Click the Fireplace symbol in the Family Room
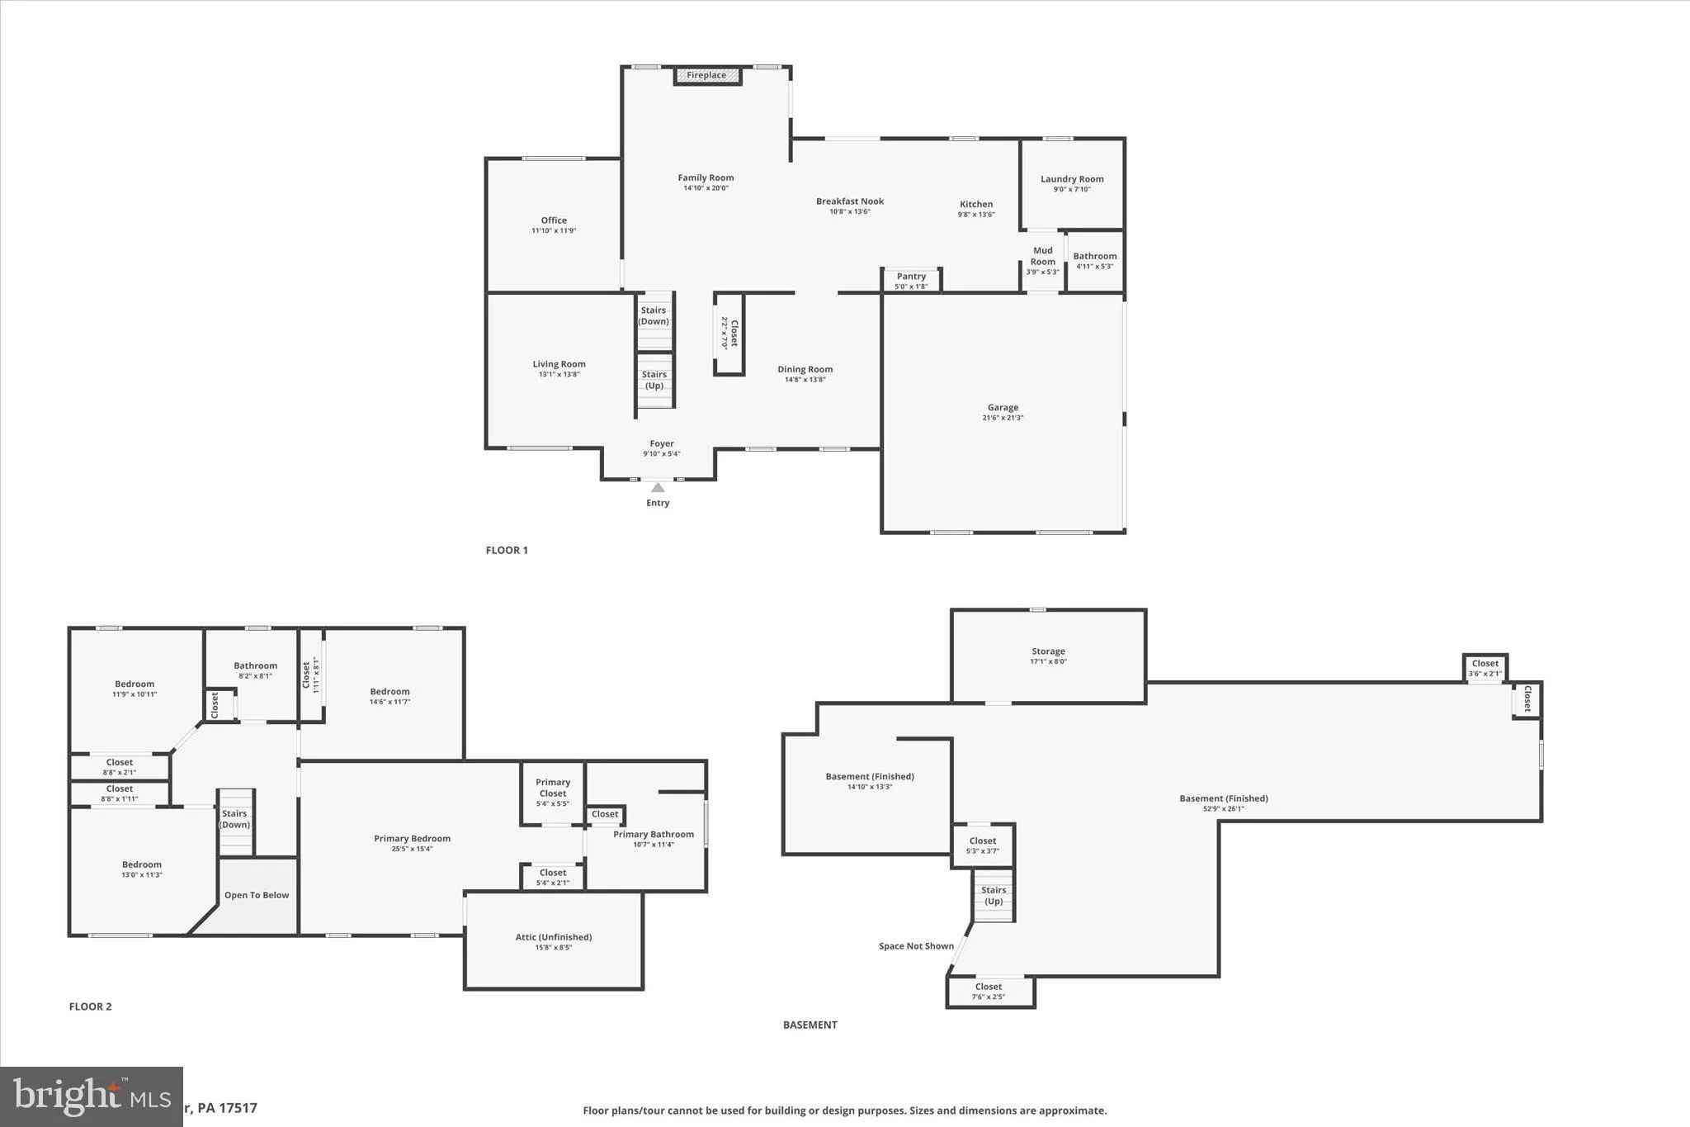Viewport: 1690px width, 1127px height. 707,76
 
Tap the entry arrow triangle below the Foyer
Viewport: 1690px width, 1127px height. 658,488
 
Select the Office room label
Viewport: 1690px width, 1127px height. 554,220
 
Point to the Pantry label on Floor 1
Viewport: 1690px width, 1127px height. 911,277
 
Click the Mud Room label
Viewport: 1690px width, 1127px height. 1042,256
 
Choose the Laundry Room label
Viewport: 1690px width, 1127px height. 1072,179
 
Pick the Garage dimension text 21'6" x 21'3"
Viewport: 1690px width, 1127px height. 1003,418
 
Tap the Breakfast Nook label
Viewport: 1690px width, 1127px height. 850,201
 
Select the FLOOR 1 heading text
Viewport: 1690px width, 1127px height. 507,551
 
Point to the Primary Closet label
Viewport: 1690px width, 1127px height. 553,788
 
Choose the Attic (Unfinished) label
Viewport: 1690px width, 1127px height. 554,937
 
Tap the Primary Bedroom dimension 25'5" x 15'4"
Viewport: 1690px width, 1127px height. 412,849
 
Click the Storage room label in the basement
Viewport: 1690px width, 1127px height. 1048,651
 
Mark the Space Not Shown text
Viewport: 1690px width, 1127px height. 916,946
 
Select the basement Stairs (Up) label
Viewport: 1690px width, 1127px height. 994,895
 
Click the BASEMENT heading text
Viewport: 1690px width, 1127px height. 810,1025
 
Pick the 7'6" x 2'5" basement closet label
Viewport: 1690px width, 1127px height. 988,997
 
